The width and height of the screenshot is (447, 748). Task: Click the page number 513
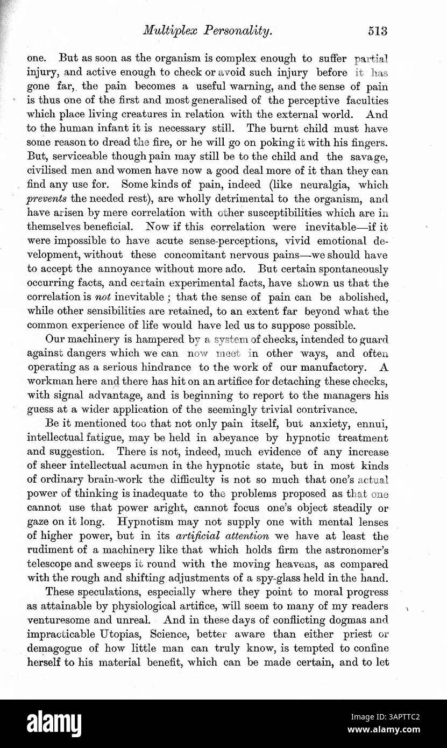coord(378,31)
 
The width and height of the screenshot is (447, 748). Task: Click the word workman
coord(49,381)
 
